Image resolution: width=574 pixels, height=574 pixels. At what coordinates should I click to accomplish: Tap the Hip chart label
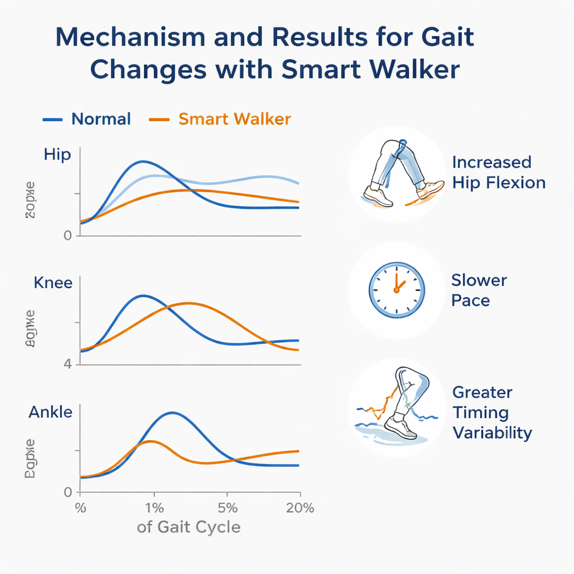(57, 155)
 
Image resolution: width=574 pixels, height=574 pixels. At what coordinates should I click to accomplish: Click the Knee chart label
(53, 283)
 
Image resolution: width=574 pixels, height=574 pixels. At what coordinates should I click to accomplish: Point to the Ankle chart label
(50, 413)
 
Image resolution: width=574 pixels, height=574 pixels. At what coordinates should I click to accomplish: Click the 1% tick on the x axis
(154, 508)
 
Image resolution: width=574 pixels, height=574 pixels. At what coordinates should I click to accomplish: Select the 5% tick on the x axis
(227, 508)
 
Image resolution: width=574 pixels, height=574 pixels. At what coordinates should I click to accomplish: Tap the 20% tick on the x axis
(300, 508)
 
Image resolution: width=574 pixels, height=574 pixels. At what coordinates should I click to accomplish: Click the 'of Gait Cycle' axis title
(188, 527)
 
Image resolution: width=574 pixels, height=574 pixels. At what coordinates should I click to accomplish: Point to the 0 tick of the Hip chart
(68, 236)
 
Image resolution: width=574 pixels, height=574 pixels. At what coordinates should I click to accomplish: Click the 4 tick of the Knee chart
(68, 364)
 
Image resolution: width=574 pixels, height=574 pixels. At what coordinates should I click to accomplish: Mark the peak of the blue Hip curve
(143, 161)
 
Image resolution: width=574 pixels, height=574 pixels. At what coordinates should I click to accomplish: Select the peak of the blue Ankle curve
(172, 413)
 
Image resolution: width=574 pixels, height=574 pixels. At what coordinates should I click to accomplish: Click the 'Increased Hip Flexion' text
(498, 173)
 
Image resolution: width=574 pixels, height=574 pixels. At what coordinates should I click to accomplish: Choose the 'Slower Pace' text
(479, 290)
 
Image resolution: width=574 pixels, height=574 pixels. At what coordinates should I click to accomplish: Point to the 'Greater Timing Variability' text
(492, 413)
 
